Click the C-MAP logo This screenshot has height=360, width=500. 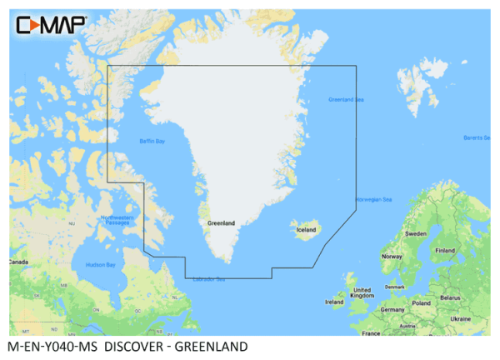coord(51,24)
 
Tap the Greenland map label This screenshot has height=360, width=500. coord(221,222)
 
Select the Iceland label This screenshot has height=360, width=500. coord(306,229)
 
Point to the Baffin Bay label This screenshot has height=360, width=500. coord(152,142)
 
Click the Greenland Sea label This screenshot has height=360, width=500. coord(346,100)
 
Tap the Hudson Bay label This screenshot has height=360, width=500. coord(101,265)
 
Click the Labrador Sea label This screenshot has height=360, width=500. coord(208,279)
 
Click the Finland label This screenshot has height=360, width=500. coord(445,250)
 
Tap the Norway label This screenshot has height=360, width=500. coord(392,257)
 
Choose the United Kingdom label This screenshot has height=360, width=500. coord(362,292)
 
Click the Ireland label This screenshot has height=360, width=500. coord(334,302)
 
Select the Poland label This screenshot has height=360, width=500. coord(420,303)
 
